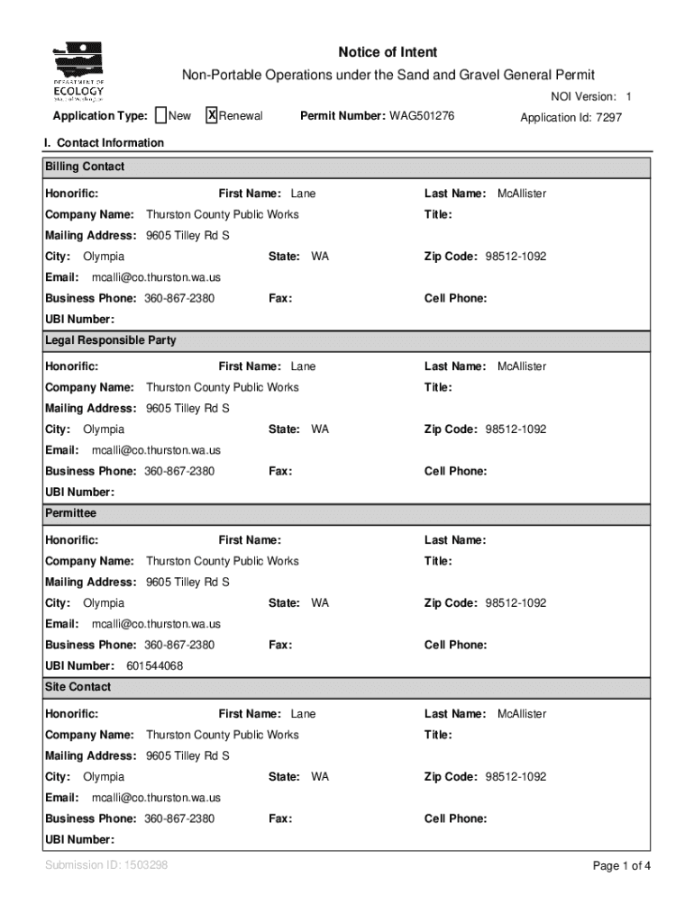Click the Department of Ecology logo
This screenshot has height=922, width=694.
(78, 73)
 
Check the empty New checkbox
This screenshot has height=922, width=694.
(160, 115)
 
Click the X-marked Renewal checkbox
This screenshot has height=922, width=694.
(212, 115)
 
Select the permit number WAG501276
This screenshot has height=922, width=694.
(422, 116)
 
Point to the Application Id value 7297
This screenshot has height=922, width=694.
(608, 117)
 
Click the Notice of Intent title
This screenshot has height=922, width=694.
(388, 52)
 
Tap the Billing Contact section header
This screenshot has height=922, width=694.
(85, 167)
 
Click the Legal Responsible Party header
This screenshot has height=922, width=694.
(110, 340)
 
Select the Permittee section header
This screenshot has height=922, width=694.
(70, 513)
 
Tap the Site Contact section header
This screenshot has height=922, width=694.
(78, 687)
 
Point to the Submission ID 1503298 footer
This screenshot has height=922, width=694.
(106, 865)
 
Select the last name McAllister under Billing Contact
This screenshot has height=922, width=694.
(522, 194)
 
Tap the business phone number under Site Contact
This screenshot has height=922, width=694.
(180, 818)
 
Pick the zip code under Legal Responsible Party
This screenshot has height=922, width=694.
(516, 429)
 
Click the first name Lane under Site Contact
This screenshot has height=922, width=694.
(303, 714)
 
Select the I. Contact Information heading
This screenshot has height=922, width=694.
(104, 142)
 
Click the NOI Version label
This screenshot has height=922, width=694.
(583, 96)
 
